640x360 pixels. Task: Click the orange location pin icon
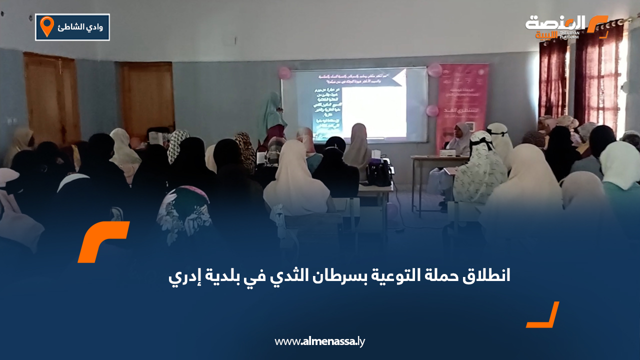(x=47, y=26)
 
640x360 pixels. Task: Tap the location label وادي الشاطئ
(x=80, y=27)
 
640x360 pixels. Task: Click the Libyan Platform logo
(x=565, y=26)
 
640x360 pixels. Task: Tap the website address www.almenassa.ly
(x=320, y=341)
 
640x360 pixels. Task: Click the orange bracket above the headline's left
(x=103, y=241)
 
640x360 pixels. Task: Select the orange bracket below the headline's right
(x=543, y=315)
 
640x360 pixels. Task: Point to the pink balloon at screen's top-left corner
(x=284, y=73)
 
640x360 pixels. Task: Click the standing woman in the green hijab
(x=274, y=117)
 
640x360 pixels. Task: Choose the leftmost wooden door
(x=52, y=97)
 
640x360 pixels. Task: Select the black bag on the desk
(x=378, y=172)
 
